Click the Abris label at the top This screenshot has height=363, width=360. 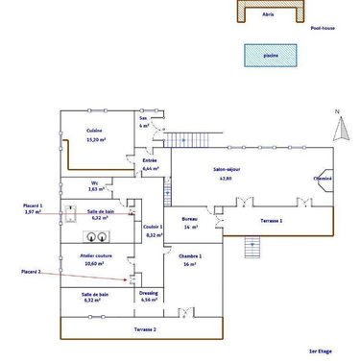point(270,14)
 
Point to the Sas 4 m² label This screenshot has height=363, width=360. point(143,121)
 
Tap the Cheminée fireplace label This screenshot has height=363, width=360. point(322,179)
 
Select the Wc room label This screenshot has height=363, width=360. point(94,185)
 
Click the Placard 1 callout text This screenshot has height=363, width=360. point(34,207)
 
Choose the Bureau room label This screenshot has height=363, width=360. point(189,222)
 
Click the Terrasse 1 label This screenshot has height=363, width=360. point(272,221)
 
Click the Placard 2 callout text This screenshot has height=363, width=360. point(32,273)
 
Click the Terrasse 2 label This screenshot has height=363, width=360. point(145,328)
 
